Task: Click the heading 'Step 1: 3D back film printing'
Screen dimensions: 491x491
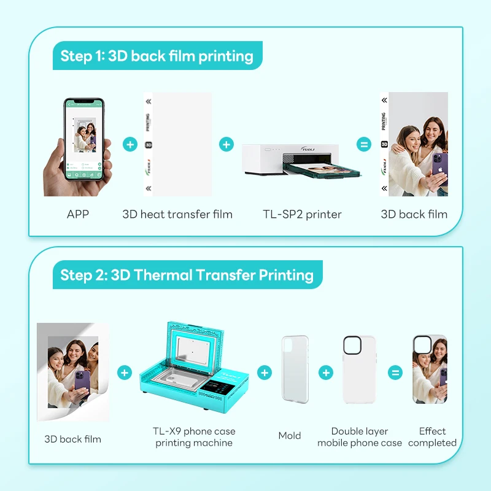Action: pyautogui.click(x=157, y=56)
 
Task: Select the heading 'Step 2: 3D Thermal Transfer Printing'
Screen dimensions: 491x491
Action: pyautogui.click(x=187, y=275)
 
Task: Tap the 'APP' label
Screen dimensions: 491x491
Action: pyautogui.click(x=78, y=214)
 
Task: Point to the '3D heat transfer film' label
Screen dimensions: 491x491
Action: pyautogui.click(x=177, y=214)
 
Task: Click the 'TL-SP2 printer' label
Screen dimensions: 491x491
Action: pyautogui.click(x=301, y=214)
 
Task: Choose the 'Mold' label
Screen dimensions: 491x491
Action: pyautogui.click(x=290, y=436)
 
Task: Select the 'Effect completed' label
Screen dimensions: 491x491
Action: pyautogui.click(x=432, y=437)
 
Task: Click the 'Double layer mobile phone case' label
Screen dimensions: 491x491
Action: pyautogui.click(x=360, y=437)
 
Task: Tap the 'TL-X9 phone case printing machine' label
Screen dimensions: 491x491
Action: pyautogui.click(x=194, y=437)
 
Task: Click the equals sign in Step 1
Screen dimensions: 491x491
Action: pyautogui.click(x=364, y=145)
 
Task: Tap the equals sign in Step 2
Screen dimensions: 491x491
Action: pyautogui.click(x=395, y=373)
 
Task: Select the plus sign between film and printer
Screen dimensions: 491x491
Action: pyautogui.click(x=226, y=145)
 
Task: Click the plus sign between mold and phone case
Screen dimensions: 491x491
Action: pyautogui.click(x=326, y=373)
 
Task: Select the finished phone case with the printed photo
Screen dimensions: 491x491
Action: pyautogui.click(x=430, y=369)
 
